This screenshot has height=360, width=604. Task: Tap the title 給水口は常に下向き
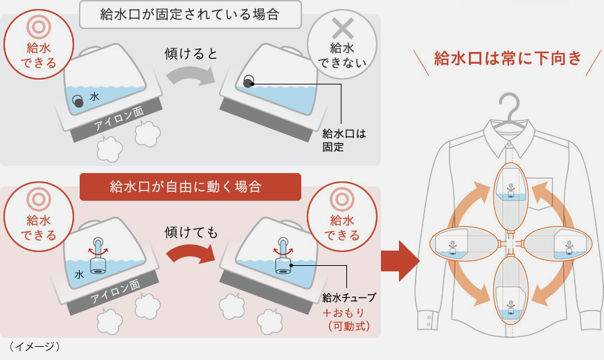pyautogui.click(x=507, y=58)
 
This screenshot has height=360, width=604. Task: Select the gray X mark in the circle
pyautogui.click(x=342, y=29)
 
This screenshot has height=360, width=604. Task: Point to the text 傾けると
pyautogui.click(x=191, y=53)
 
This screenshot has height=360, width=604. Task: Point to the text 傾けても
pyautogui.click(x=191, y=232)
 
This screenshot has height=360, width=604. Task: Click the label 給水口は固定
pyautogui.click(x=344, y=141)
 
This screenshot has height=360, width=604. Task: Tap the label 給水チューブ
pyautogui.click(x=349, y=298)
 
